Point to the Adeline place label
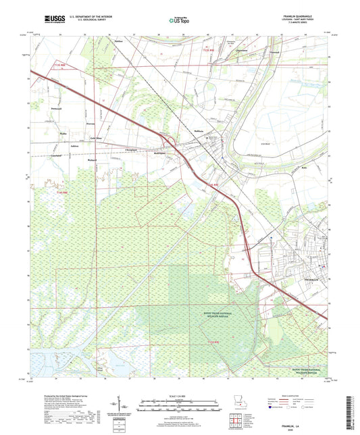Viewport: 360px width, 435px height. click(x=118, y=41)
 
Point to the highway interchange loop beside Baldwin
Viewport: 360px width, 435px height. click(x=165, y=140)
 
